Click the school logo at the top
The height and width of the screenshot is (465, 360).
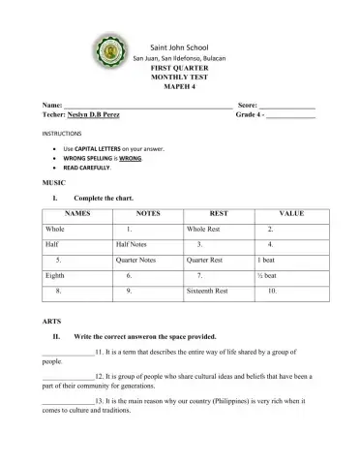[108, 56]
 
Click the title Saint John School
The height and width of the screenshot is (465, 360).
[180, 47]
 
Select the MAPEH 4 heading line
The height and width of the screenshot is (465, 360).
[180, 83]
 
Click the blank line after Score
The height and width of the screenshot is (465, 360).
[286, 104]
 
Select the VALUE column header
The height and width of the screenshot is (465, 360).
[291, 211]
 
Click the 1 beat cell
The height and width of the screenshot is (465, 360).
[267, 261]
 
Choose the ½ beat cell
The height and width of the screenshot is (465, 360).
[268, 276]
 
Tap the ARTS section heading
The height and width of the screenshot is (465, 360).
[52, 321]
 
